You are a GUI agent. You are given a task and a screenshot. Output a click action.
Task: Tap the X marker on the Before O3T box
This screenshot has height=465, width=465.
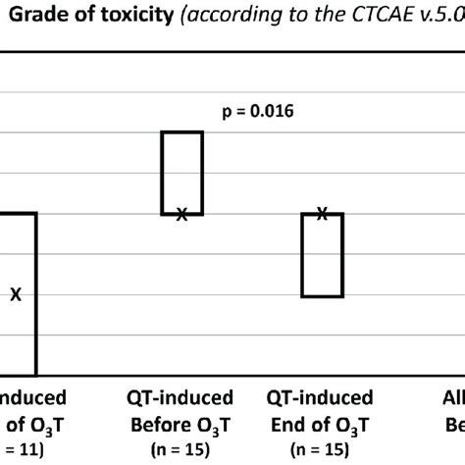pos(181,214)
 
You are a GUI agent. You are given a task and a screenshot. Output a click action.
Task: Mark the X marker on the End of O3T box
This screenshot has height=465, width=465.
pos(322,213)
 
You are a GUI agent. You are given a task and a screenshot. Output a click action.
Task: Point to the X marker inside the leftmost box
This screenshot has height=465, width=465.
pos(16,293)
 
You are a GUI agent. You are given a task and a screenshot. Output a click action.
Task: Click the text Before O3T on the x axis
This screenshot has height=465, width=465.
pos(181,424)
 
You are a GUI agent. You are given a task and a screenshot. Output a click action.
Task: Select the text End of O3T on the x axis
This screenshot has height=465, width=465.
pos(321,424)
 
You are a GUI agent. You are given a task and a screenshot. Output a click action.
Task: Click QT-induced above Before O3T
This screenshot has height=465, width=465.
pos(181,398)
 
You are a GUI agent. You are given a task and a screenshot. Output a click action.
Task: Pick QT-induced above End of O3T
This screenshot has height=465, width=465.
pos(321,398)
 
